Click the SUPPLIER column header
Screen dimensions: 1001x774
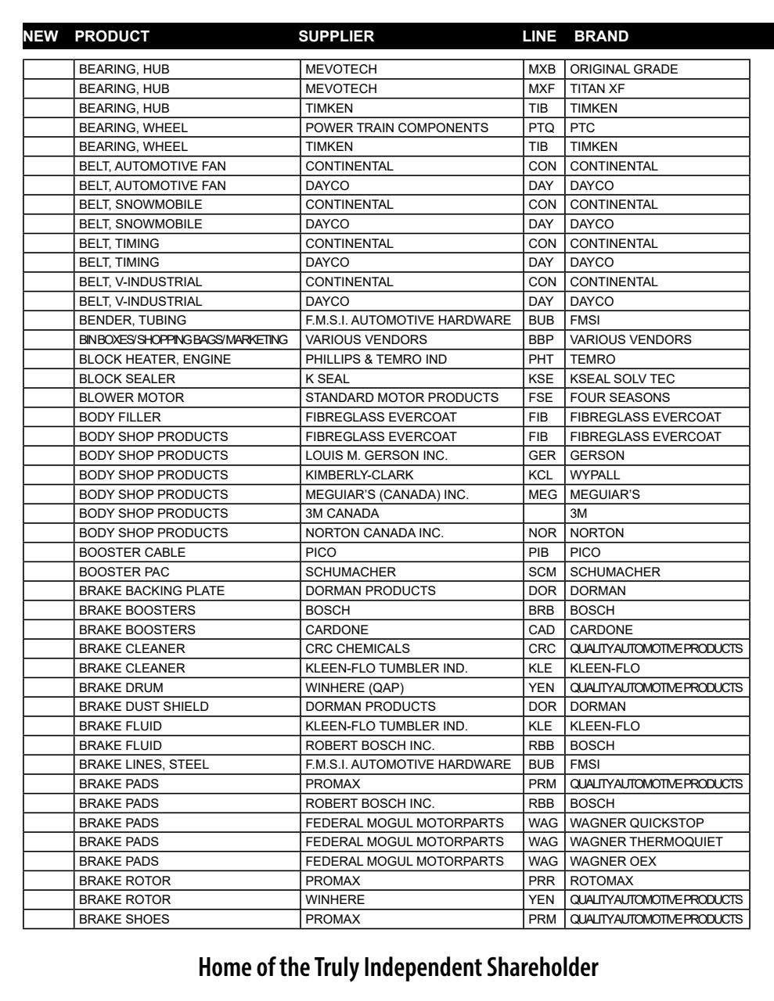336,36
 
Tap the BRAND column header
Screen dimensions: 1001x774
600,36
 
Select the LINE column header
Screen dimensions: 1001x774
539,36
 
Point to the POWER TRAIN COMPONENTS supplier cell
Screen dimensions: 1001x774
396,127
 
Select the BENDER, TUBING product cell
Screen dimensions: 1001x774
132,320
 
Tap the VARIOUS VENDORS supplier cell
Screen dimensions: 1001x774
366,339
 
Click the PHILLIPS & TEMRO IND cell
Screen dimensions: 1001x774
376,359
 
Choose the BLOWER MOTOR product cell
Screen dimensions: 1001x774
131,397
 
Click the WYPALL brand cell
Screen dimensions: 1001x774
595,475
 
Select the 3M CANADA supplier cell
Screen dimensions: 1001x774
342,513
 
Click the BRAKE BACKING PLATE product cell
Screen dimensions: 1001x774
152,590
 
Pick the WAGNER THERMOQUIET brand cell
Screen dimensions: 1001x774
646,841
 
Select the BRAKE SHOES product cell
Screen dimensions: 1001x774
124,919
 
